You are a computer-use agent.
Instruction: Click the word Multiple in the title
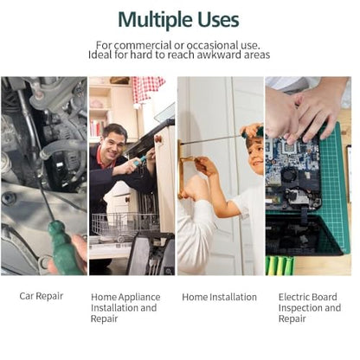tap(156, 21)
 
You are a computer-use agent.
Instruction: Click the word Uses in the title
tap(218, 20)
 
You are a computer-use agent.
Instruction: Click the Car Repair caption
tap(42, 296)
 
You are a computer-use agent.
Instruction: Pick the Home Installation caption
tap(219, 297)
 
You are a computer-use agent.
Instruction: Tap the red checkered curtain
tap(148, 89)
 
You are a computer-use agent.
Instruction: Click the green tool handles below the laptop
tap(280, 266)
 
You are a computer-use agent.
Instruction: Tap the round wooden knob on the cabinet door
tap(158, 138)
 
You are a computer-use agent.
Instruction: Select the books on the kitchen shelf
tap(98, 128)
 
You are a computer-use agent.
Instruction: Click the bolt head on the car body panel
tap(9, 198)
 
